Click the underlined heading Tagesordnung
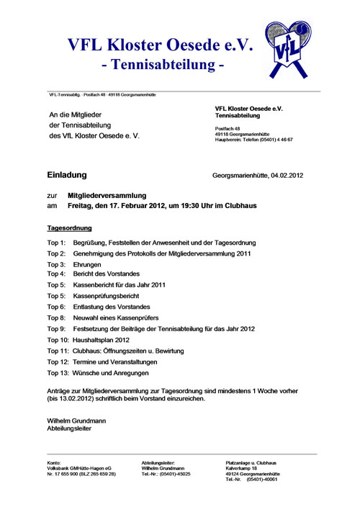point(69,228)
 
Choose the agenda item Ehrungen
point(87,265)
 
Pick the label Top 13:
point(58,373)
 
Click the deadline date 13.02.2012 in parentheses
point(66,398)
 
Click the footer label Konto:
point(54,462)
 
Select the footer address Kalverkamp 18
point(241,468)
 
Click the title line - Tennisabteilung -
point(163,66)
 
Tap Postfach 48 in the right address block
point(228,127)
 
